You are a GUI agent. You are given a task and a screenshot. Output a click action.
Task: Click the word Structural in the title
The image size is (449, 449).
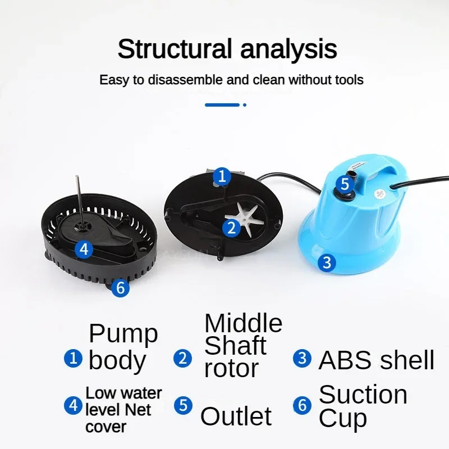click(x=175, y=48)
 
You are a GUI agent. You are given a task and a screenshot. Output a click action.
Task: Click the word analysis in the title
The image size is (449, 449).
click(x=288, y=49)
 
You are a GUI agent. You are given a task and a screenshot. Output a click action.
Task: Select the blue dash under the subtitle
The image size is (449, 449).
click(x=222, y=105)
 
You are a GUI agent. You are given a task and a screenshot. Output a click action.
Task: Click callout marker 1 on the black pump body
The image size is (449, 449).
click(x=222, y=176)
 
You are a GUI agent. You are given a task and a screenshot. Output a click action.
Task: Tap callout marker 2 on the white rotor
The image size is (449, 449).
click(x=231, y=228)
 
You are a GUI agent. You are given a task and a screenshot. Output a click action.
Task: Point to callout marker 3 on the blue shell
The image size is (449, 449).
click(x=327, y=263)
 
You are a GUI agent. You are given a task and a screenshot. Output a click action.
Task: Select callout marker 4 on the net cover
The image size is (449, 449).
click(x=84, y=249)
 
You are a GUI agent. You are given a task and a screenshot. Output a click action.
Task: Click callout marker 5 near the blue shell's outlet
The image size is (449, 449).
click(x=345, y=184)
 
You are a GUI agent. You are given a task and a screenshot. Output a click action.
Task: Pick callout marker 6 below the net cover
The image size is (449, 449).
click(x=120, y=287)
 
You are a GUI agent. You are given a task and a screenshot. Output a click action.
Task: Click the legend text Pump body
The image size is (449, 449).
click(x=123, y=347)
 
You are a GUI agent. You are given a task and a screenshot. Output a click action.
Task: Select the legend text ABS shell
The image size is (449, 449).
click(x=376, y=360)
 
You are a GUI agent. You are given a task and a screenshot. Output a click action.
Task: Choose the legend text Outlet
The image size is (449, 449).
click(x=236, y=416)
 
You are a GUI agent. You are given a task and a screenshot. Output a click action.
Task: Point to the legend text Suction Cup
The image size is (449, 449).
click(x=363, y=406)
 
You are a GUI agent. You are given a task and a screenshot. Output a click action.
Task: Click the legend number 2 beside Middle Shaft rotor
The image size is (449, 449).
click(x=183, y=358)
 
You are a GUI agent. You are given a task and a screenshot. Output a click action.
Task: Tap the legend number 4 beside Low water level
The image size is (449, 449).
click(x=74, y=405)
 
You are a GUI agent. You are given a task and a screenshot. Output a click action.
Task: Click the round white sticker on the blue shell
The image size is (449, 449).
click(x=379, y=194)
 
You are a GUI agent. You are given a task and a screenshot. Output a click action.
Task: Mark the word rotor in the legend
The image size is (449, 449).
click(x=231, y=369)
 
